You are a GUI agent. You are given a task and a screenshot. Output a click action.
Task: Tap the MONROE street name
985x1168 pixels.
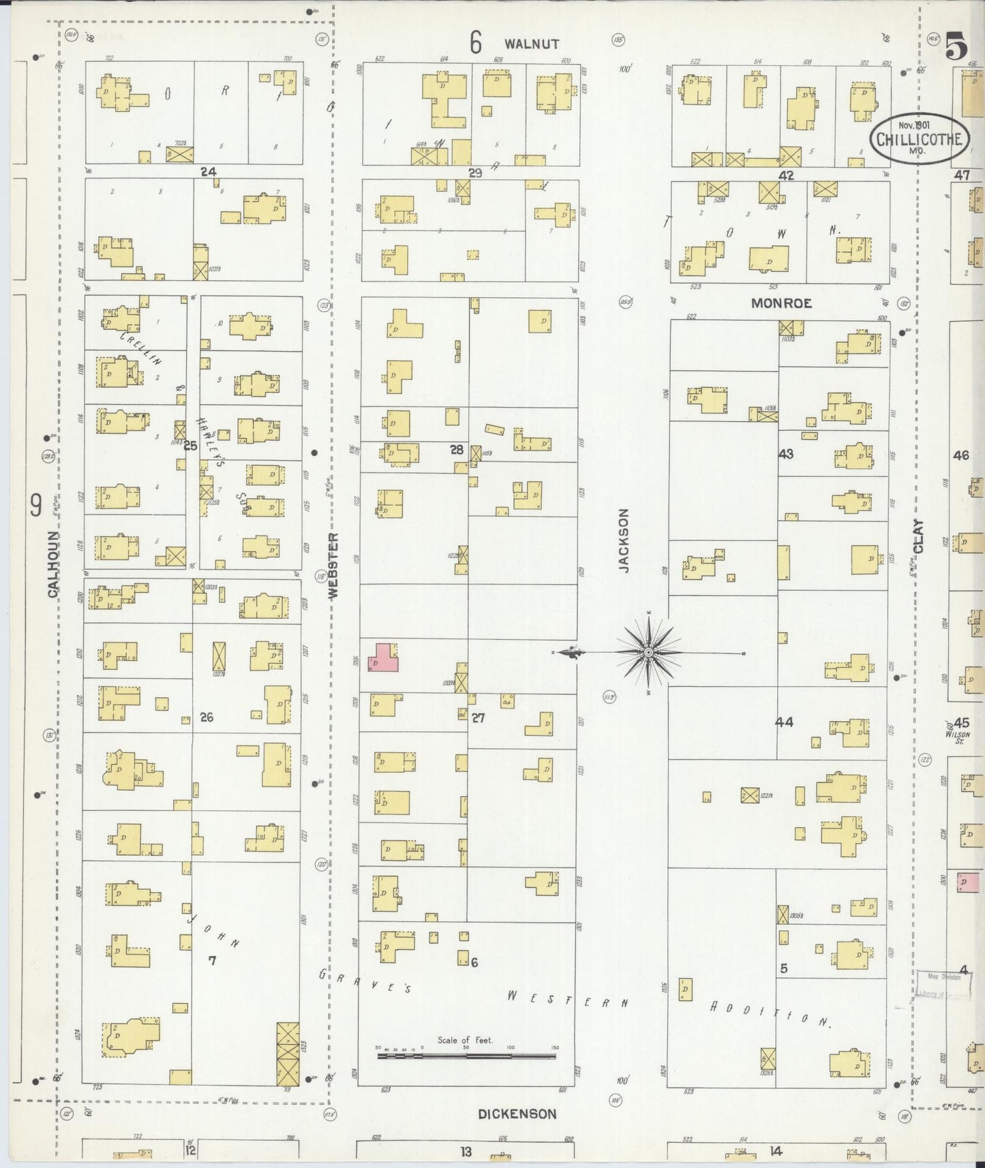pos(781,303)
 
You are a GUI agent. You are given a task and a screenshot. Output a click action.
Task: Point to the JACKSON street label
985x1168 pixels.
pos(623,540)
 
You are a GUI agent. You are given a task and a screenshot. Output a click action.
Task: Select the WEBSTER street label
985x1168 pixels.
pos(333,565)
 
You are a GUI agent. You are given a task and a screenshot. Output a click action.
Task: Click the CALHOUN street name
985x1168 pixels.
pos(52,565)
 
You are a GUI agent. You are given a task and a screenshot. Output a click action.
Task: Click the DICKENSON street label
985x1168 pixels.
pos(517,1114)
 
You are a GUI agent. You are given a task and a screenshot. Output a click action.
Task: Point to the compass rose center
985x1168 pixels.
pos(648,653)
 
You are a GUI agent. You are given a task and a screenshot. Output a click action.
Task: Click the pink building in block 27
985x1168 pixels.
pos(383,658)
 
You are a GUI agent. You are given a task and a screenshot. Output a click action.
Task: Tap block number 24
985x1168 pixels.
pos(208,172)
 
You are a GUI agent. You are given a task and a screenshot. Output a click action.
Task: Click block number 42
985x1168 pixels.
pos(786,175)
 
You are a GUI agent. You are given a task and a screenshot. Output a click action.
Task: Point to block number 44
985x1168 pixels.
pos(784,722)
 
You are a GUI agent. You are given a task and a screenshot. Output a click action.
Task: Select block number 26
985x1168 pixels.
pos(207,717)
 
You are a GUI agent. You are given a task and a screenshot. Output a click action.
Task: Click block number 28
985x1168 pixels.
pos(456,449)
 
